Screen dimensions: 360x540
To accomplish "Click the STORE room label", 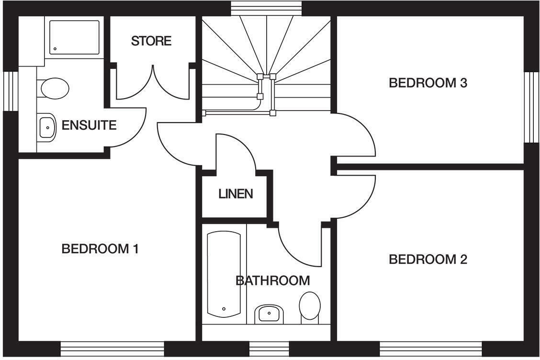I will (x=151, y=41).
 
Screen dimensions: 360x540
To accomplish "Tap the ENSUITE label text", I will (x=89, y=126).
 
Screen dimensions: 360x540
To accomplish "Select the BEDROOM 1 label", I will (x=100, y=249).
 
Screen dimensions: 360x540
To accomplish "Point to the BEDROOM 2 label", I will (x=427, y=259).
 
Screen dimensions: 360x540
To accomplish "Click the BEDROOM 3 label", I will (x=427, y=83).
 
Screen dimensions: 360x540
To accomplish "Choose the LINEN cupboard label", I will (x=236, y=194).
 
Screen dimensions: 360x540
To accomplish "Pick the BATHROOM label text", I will (x=273, y=281).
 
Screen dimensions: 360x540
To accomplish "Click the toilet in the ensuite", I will (x=54, y=89).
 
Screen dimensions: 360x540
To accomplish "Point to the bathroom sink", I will (x=269, y=314).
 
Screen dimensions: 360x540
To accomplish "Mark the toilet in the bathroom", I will (x=309, y=306).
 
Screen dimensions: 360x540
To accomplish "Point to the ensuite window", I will (x=10, y=91).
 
